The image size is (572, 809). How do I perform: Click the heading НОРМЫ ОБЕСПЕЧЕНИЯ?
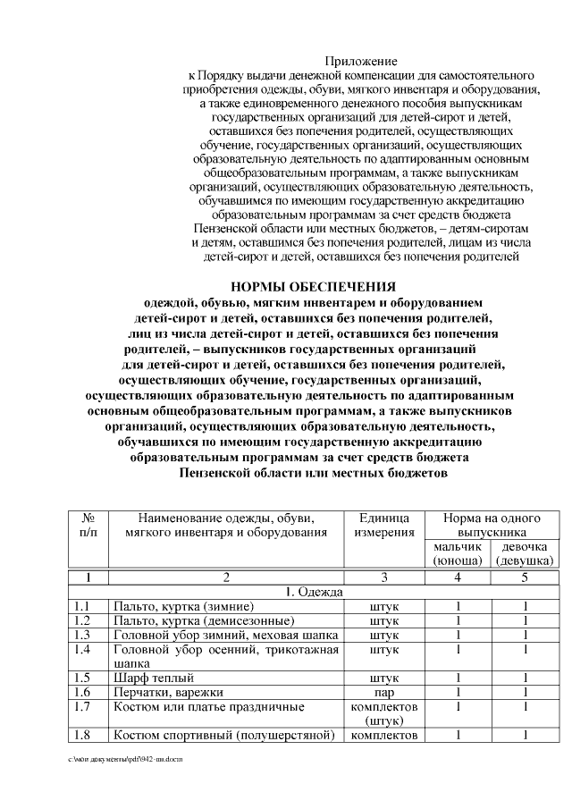pos(313,288)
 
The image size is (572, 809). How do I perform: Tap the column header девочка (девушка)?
pos(525,553)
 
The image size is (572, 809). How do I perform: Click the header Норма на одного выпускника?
pos(492,526)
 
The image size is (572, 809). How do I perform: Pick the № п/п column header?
pos(88,526)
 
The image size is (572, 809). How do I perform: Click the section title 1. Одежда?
pos(313,592)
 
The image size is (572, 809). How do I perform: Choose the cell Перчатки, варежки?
pos(167,692)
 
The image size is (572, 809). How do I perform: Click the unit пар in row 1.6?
pos(384,692)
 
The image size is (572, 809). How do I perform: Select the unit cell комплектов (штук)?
pos(384,713)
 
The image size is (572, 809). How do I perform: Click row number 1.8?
pos(83,736)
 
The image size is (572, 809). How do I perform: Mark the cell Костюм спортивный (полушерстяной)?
pos(223,736)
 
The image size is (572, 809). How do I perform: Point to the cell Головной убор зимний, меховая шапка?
pos(225,635)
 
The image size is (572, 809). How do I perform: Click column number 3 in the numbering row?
pos(384,577)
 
